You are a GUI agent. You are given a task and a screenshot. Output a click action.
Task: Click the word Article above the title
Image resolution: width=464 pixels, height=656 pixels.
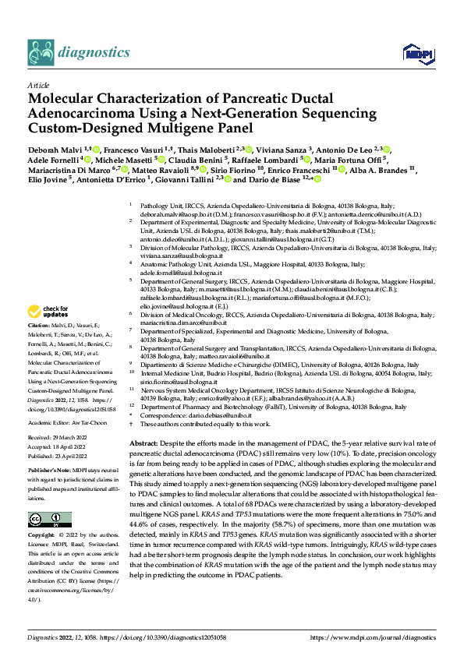coord(37,85)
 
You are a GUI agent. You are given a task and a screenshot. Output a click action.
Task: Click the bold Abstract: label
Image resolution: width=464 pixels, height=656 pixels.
coord(143,442)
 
